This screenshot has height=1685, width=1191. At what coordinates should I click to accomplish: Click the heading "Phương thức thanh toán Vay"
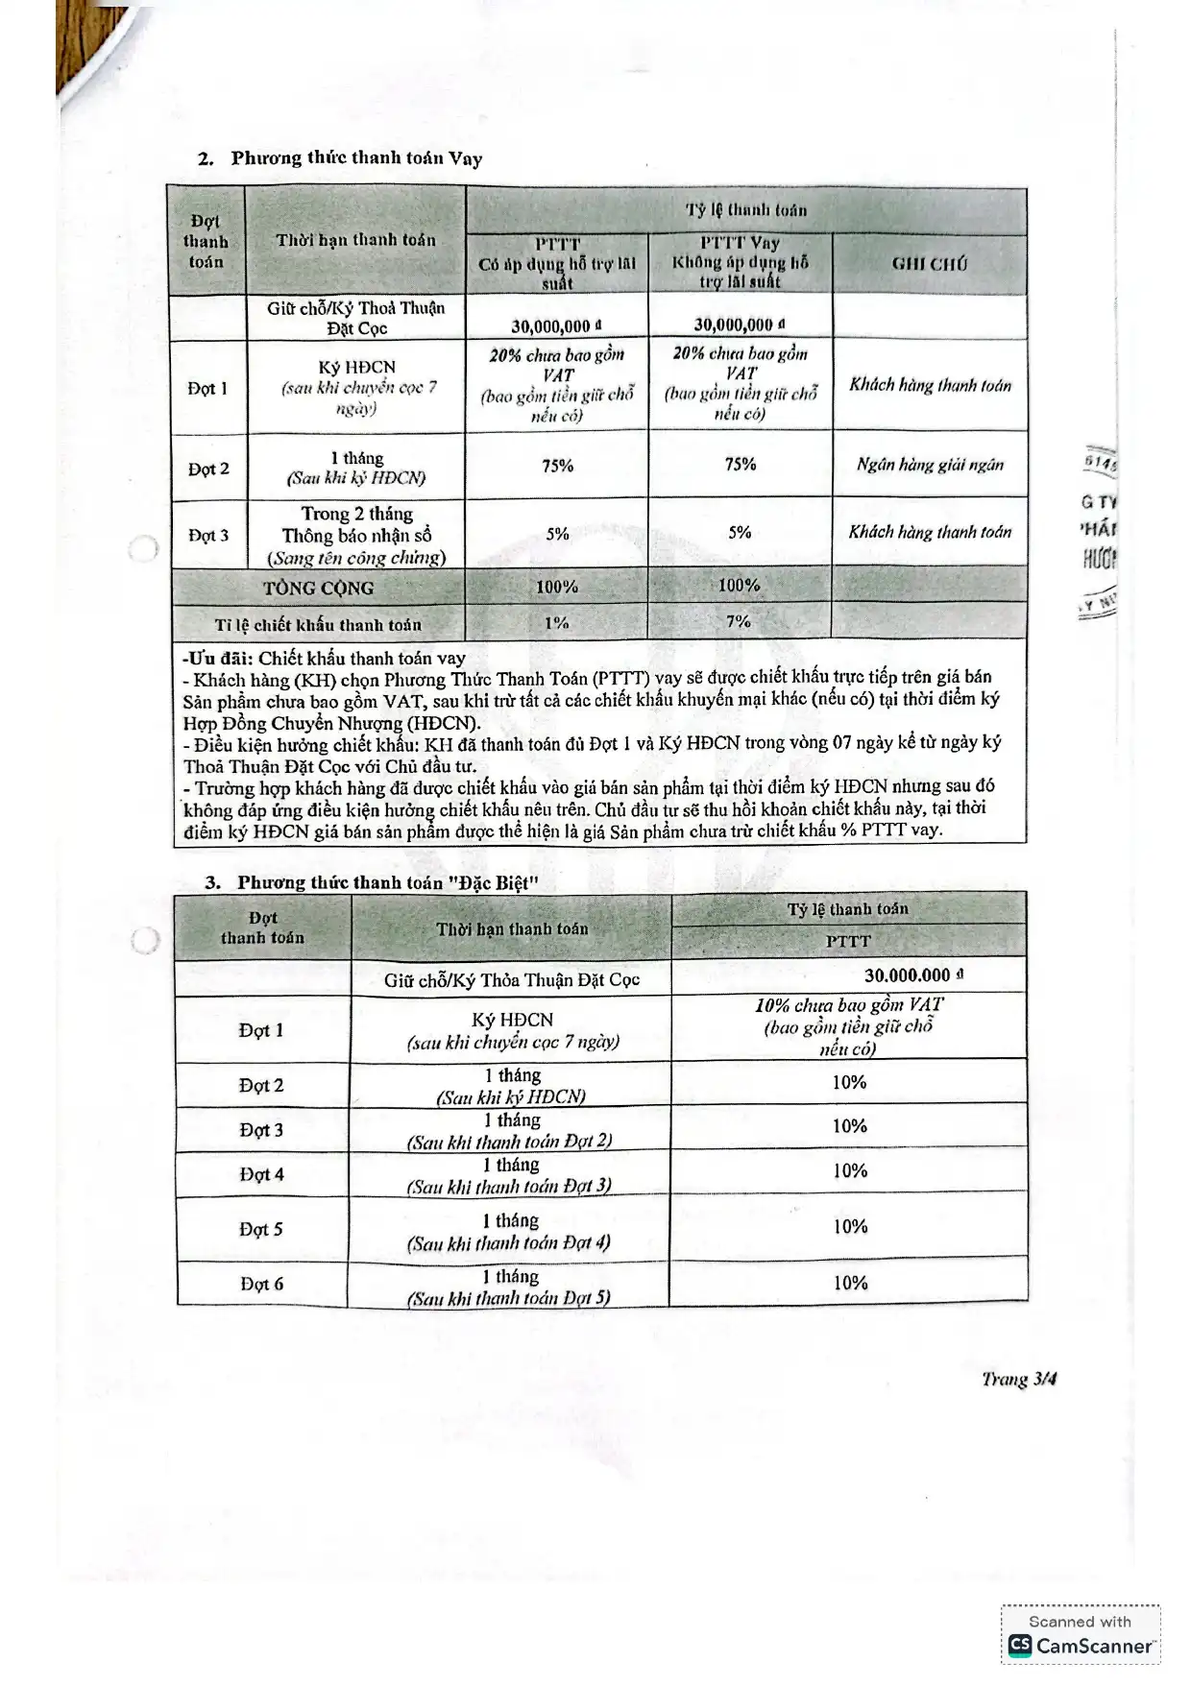[x=355, y=158]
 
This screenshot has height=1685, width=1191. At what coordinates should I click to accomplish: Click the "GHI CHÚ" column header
[x=929, y=263]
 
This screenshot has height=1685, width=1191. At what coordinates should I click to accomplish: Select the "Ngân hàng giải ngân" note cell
[x=930, y=465]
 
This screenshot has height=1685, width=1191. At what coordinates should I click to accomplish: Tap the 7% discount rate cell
[x=739, y=621]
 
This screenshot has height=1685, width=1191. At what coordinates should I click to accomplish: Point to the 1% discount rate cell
[x=557, y=622]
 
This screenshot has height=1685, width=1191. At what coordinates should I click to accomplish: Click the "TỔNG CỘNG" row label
[x=319, y=588]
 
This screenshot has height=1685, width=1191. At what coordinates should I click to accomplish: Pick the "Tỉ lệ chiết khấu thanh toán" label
[x=318, y=625]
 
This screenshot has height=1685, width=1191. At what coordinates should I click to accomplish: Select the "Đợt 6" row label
[x=261, y=1284]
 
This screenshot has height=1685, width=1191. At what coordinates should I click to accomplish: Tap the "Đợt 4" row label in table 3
[x=261, y=1174]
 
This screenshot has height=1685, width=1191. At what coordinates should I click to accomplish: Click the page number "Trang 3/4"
[x=1019, y=1379]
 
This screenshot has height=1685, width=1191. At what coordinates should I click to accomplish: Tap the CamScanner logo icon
[x=1020, y=1646]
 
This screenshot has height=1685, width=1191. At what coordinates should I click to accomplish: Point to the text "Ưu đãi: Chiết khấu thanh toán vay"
[x=325, y=659]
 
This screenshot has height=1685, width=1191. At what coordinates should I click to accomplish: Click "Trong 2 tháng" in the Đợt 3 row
[x=356, y=514]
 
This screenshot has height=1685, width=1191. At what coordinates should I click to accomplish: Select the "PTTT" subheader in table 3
[x=848, y=942]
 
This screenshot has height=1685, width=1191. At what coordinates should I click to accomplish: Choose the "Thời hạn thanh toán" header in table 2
[x=355, y=240]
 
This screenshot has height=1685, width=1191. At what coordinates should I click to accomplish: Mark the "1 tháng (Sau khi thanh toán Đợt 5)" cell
[x=509, y=1287]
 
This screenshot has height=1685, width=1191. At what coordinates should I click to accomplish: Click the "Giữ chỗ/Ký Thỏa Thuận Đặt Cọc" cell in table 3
[x=511, y=979]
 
